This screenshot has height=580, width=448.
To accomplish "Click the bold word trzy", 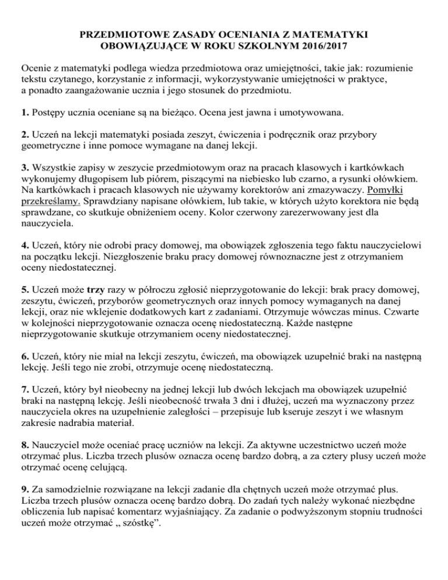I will [96, 289].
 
